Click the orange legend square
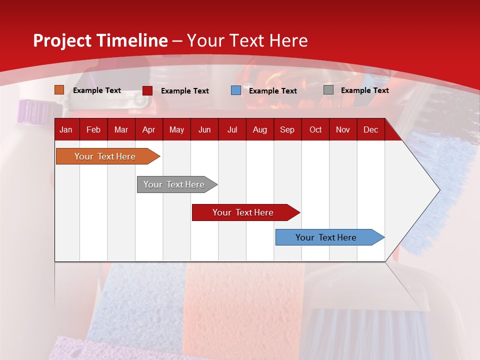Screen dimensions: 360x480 [x=59, y=90]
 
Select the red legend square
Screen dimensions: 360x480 [x=147, y=90]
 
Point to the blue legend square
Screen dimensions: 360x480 [x=236, y=90]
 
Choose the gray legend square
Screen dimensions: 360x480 [x=328, y=90]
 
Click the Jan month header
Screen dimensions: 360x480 [x=66, y=130]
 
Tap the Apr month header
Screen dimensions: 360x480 [x=149, y=130]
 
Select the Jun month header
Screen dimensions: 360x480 [x=204, y=130]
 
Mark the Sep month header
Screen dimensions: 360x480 [x=287, y=130]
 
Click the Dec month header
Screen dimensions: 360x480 [x=370, y=130]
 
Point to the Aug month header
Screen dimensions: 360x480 [x=260, y=130]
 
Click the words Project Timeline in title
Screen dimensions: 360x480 [x=100, y=40]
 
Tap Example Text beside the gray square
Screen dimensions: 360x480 [x=364, y=90]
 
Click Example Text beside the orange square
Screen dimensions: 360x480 [x=97, y=90]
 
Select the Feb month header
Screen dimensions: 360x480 [x=93, y=130]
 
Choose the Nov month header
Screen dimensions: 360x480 [x=343, y=130]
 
